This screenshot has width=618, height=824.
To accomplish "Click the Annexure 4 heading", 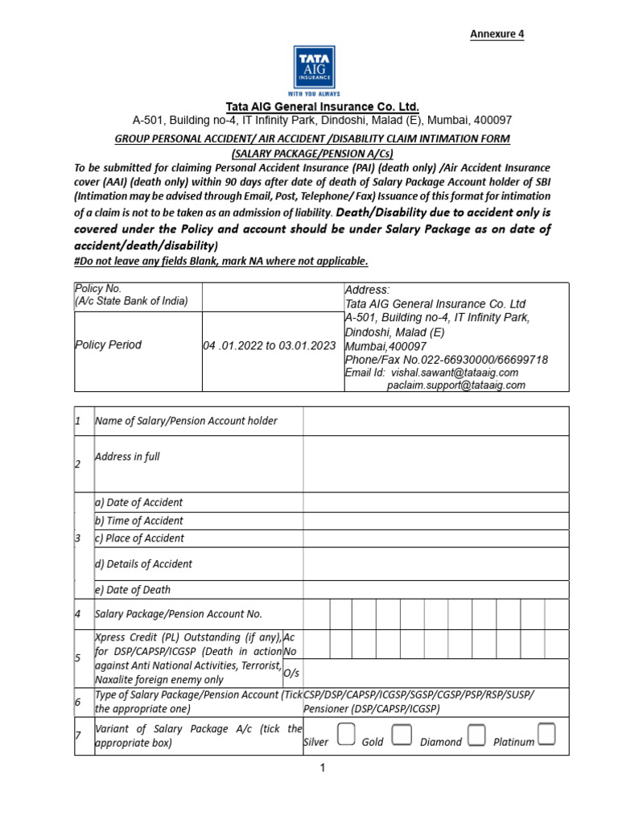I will click(x=496, y=34).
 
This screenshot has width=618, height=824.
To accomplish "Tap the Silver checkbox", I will click(x=346, y=735).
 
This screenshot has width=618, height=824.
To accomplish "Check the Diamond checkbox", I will click(x=477, y=735).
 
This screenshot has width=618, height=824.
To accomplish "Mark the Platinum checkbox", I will click(x=547, y=735).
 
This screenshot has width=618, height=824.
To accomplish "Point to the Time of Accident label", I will click(x=139, y=521).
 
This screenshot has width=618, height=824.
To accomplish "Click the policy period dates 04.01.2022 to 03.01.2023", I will click(x=269, y=345).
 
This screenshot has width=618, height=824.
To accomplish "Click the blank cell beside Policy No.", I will click(x=272, y=296).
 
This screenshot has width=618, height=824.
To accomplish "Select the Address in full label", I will click(x=127, y=457).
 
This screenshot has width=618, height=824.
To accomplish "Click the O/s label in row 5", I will click(x=291, y=673).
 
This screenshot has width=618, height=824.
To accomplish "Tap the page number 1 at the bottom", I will click(x=322, y=768).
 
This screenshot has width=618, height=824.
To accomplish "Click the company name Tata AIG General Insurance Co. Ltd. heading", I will click(x=322, y=107).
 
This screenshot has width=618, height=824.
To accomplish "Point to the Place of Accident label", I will click(x=140, y=538).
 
